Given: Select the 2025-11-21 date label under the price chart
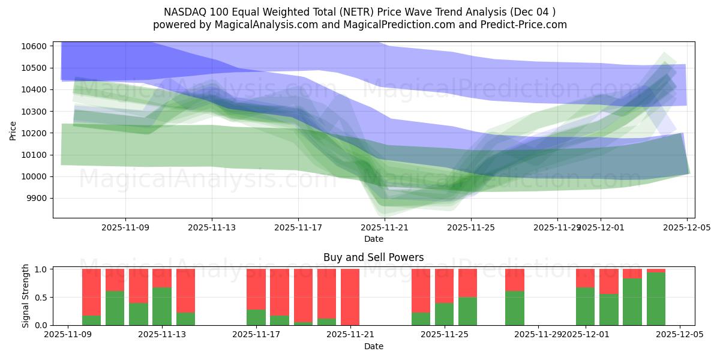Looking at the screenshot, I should (x=385, y=228).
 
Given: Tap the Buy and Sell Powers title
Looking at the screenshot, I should (x=373, y=257).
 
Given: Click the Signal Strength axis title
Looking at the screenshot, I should (x=26, y=296).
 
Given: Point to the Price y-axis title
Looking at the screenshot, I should (x=13, y=130).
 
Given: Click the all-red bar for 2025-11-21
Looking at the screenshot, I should (x=350, y=297).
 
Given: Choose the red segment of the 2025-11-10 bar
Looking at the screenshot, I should (x=91, y=292).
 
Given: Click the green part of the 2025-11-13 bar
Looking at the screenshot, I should (x=162, y=307).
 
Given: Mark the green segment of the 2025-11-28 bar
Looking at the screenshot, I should (x=515, y=308).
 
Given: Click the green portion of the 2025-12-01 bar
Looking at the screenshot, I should (x=585, y=307).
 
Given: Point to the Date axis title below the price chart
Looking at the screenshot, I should (x=373, y=239).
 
